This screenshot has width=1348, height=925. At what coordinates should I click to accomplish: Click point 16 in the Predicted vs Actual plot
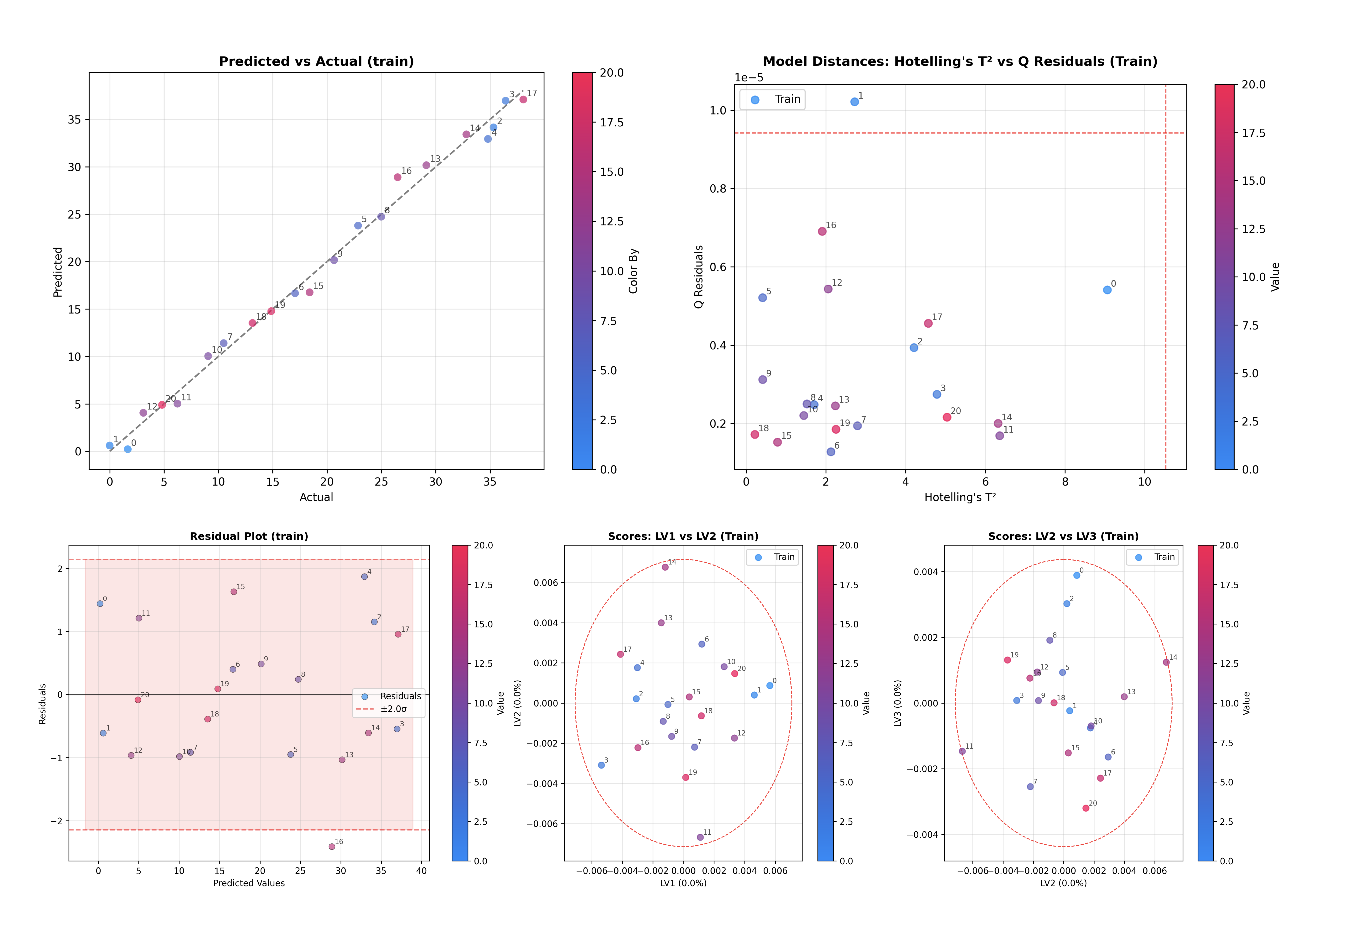click(x=397, y=177)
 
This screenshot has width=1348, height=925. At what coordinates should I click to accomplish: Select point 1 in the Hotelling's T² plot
click(x=854, y=102)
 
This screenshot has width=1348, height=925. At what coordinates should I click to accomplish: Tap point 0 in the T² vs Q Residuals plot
click(x=1107, y=290)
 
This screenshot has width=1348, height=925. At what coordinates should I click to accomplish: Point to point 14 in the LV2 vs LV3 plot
click(x=1166, y=662)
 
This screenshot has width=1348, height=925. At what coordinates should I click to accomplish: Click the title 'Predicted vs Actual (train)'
click(x=316, y=61)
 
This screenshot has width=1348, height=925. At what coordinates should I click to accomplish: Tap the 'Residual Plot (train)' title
click(x=249, y=536)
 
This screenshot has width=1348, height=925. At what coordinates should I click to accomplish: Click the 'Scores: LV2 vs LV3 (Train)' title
click(x=1063, y=536)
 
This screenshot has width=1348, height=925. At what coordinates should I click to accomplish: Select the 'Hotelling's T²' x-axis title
click(x=960, y=497)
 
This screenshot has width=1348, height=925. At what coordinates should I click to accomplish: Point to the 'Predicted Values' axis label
click(x=249, y=883)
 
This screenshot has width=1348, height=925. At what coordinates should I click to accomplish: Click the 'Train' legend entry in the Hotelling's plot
click(x=787, y=99)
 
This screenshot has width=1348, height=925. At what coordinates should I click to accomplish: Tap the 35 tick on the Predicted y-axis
click(x=74, y=119)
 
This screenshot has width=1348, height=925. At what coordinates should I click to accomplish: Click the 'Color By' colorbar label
click(x=633, y=271)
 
